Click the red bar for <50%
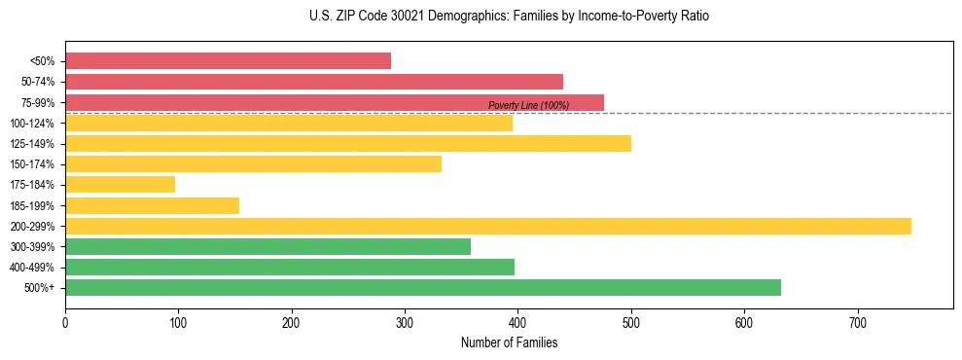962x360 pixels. [x=228, y=61]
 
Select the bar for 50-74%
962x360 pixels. [x=313, y=82]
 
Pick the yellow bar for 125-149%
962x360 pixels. [x=347, y=143]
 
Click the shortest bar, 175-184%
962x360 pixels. [x=120, y=185]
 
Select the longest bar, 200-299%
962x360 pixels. [x=487, y=226]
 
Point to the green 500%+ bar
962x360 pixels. [x=422, y=288]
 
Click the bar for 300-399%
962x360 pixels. [x=267, y=247]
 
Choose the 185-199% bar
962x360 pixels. [x=152, y=205]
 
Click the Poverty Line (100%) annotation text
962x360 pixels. [x=528, y=105]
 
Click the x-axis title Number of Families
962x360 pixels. [x=509, y=342]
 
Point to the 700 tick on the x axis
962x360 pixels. [x=857, y=321]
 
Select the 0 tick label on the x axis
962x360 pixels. [x=65, y=321]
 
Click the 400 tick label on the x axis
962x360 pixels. [x=517, y=321]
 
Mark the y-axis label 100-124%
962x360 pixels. [x=32, y=124]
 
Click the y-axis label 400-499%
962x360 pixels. [x=32, y=268]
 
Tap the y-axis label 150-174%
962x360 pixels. [x=32, y=164]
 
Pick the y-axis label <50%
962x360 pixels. [x=42, y=61]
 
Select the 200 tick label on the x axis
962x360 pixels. [x=291, y=321]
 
